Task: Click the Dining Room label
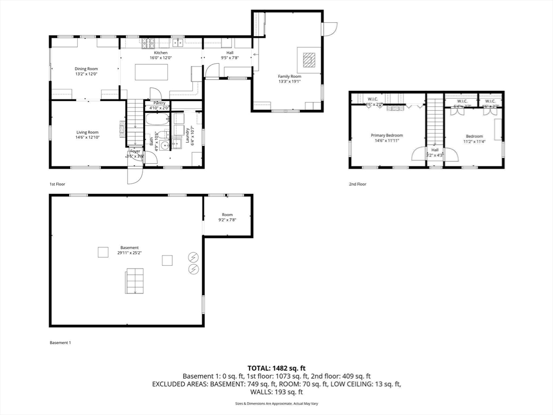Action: tap(86, 69)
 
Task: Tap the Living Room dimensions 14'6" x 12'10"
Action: tap(87, 137)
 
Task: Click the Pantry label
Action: tap(159, 103)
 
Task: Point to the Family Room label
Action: tap(289, 76)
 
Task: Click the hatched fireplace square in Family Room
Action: tap(309, 59)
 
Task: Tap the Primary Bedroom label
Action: tap(386, 135)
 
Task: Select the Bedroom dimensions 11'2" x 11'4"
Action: tap(474, 142)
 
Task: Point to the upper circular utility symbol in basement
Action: tap(193, 257)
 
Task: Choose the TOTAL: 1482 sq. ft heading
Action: tap(276, 368)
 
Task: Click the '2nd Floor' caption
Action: tap(357, 184)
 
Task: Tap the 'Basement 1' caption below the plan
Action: tap(60, 343)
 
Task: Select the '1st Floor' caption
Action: tap(57, 184)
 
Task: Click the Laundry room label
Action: tap(186, 132)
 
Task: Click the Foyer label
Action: tap(134, 151)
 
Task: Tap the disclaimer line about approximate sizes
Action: tap(276, 404)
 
